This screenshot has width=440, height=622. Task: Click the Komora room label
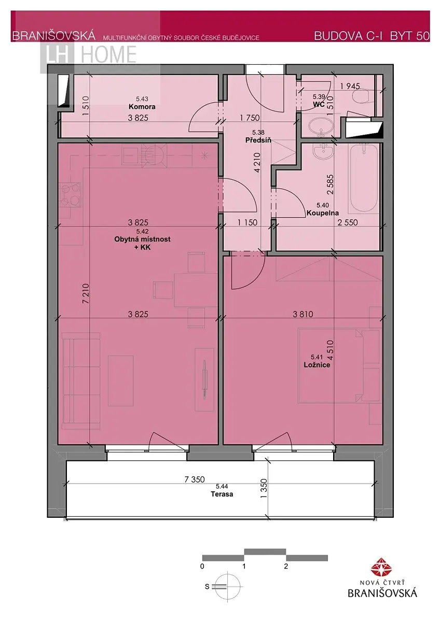pos(142,107)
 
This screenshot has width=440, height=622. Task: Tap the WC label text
pos(319,104)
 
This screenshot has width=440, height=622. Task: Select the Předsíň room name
pos(258,140)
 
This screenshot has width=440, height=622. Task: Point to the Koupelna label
pos(322,213)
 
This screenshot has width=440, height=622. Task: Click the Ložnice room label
pos(317,364)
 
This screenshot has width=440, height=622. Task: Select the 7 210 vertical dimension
pos(86,293)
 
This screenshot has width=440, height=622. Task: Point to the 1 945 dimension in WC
pos(350,86)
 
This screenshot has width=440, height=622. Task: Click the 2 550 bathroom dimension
pos(348,222)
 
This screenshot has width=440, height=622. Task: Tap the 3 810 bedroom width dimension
pos(303,314)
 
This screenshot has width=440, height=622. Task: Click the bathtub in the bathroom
pos(364,178)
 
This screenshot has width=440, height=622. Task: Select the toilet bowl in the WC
pos(363,96)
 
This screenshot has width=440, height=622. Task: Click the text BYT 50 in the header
pos(410,36)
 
